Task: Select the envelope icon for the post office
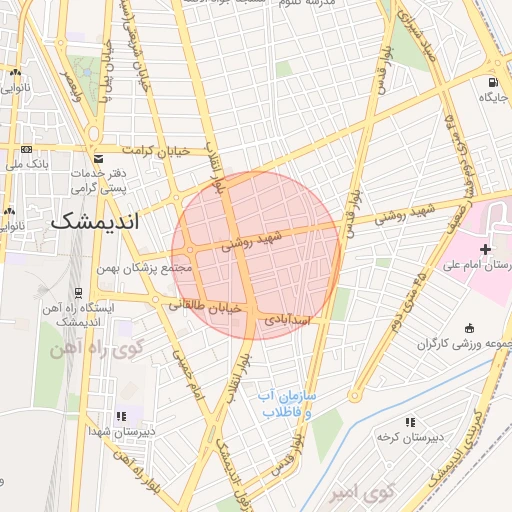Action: (97, 159)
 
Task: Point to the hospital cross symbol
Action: (486, 247)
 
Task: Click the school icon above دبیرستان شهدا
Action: (122, 416)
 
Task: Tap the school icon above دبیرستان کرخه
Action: (409, 423)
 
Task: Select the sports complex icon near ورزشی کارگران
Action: (470, 328)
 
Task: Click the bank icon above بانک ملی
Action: (25, 148)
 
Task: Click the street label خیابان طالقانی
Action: (205, 307)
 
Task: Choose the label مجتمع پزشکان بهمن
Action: (144, 268)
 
